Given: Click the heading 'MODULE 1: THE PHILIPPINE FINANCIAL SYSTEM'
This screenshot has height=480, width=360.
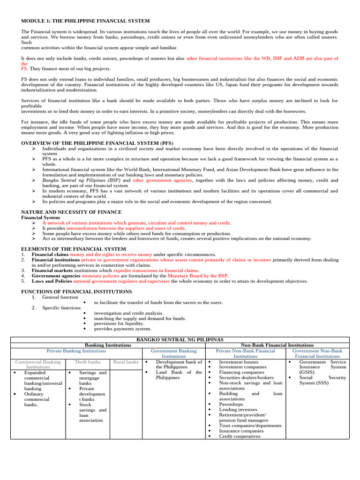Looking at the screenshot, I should point(86,21).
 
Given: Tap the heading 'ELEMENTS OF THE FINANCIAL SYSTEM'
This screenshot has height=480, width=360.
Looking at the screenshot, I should point(67,248).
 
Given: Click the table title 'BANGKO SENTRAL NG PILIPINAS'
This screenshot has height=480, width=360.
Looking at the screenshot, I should point(180,339).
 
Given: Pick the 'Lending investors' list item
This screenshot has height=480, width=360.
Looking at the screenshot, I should point(238,409).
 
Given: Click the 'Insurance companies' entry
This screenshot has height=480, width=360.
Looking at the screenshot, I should point(241,431).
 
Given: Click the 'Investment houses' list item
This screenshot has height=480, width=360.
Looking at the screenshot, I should point(239,362).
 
